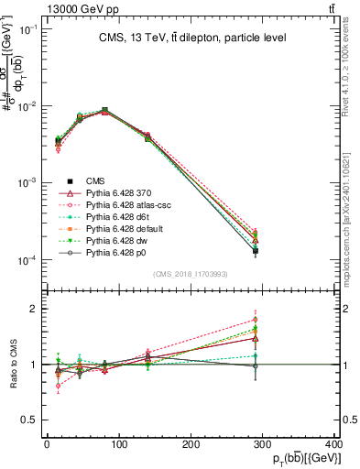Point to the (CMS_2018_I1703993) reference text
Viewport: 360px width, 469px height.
(x=191, y=275)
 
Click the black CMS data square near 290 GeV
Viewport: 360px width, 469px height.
(x=256, y=250)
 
